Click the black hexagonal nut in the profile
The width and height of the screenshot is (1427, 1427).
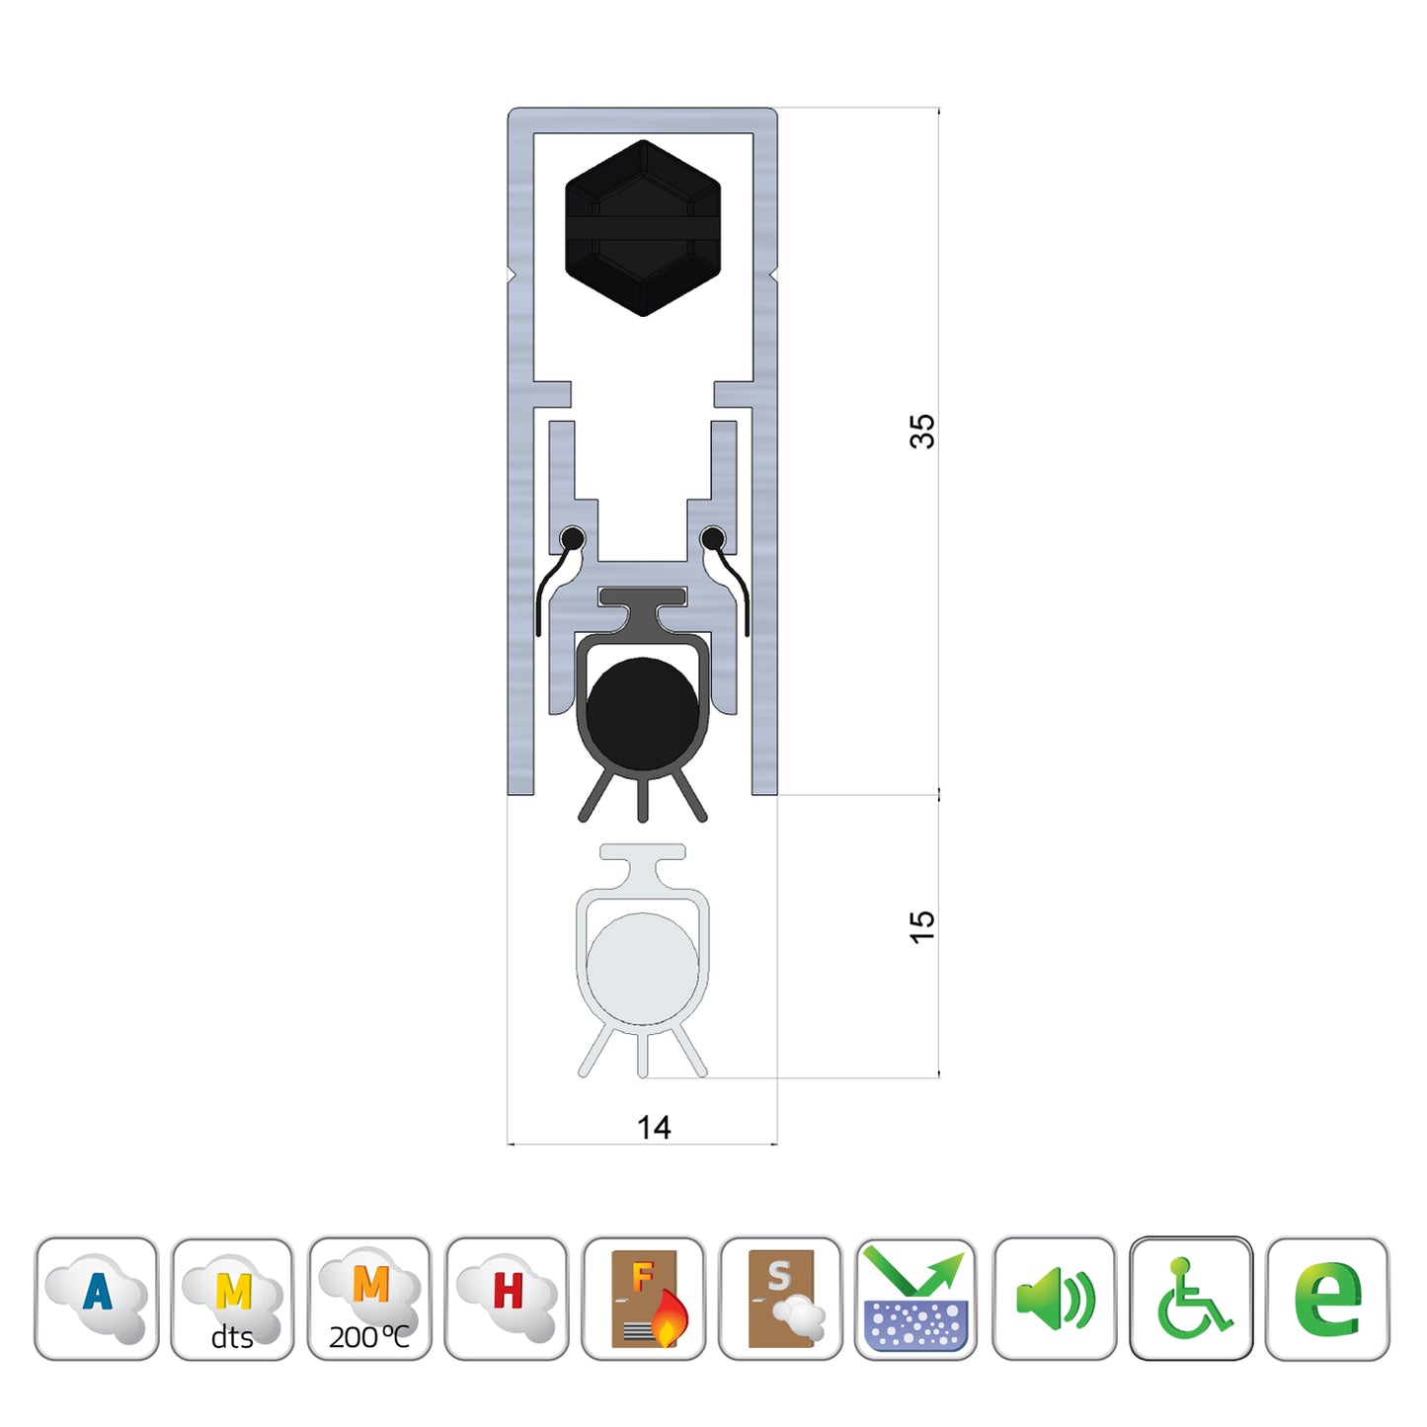642,228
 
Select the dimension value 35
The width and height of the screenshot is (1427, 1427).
921,432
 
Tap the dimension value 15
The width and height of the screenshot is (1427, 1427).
921,926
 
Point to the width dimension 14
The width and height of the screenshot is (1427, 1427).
654,1128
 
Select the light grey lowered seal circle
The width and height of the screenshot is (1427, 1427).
642,969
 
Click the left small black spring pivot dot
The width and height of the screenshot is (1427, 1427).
572,539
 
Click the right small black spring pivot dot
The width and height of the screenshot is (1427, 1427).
712,539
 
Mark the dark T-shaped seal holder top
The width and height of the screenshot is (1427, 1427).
642,597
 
